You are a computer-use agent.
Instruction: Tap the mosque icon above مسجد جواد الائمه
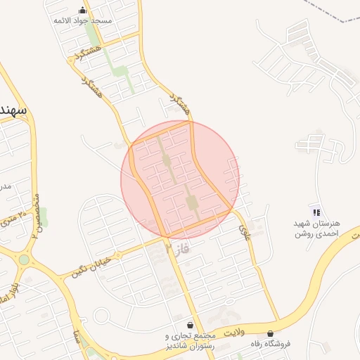83,10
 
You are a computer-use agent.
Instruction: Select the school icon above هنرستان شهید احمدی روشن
316,212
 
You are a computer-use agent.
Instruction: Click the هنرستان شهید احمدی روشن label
316,228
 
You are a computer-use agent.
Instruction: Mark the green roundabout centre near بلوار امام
25,259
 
